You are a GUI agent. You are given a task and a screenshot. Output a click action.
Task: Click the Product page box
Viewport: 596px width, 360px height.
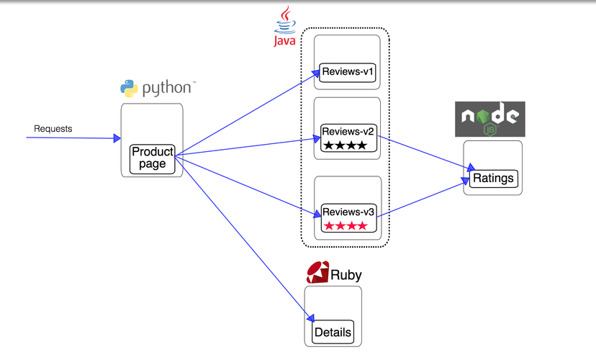(x=153, y=158)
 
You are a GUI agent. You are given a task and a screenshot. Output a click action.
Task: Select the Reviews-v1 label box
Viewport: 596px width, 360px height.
(x=348, y=71)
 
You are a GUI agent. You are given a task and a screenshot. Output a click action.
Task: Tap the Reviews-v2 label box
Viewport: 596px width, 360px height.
(x=348, y=132)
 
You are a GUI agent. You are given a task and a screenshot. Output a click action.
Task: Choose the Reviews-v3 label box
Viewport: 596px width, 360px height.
(x=348, y=212)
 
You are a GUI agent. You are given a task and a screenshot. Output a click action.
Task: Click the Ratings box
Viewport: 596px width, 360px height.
(x=494, y=178)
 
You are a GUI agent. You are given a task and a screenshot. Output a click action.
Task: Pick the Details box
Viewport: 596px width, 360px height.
(x=333, y=332)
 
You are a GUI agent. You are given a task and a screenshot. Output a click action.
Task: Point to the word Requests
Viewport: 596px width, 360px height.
(x=53, y=129)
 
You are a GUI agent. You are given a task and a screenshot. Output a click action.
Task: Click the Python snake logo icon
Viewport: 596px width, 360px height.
(x=129, y=89)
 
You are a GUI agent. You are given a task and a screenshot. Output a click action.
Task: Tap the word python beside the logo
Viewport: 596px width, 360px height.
(x=166, y=89)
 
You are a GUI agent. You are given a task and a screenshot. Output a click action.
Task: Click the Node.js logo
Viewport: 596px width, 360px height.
(x=490, y=120)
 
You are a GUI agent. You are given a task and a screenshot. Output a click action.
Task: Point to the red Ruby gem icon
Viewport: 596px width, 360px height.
(x=317, y=273)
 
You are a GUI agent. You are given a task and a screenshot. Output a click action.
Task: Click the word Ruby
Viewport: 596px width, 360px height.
(x=346, y=275)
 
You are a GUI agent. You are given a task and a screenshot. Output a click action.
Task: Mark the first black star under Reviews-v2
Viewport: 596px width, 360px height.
(x=329, y=145)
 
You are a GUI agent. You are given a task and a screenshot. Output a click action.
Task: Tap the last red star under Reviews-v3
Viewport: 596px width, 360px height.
(x=362, y=225)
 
